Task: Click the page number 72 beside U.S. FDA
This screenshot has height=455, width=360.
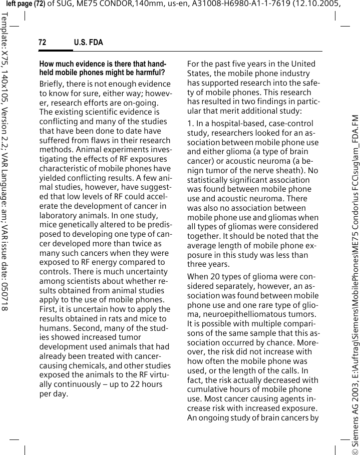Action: point(43,43)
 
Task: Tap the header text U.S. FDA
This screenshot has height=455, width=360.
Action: point(88,43)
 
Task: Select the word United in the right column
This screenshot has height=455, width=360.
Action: point(304,64)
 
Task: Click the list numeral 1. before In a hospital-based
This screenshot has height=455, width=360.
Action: point(190,123)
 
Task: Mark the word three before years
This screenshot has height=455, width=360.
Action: point(198,264)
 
